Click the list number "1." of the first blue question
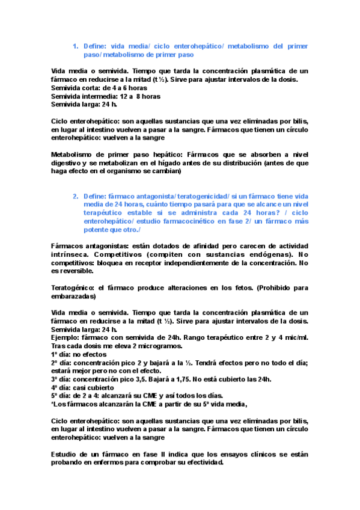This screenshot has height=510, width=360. (x=76, y=46)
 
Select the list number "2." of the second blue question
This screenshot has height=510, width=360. (x=76, y=197)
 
